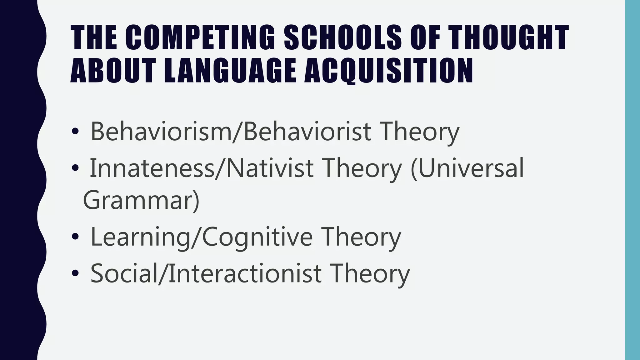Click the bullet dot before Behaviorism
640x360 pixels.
pyautogui.click(x=75, y=132)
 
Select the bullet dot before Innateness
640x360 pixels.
pyautogui.click(x=75, y=169)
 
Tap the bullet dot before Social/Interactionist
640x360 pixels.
pyautogui.click(x=75, y=274)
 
